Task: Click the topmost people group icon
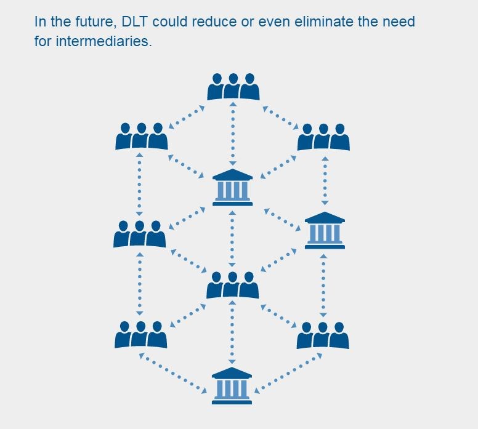(233, 87)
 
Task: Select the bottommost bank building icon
(232, 385)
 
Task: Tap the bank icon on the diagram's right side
(325, 230)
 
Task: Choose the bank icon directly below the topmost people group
(232, 186)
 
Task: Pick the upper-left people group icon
(141, 137)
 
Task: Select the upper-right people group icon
(323, 137)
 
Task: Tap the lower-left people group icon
(141, 334)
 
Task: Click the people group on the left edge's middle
(140, 235)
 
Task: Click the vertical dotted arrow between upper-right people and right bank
(325, 180)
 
